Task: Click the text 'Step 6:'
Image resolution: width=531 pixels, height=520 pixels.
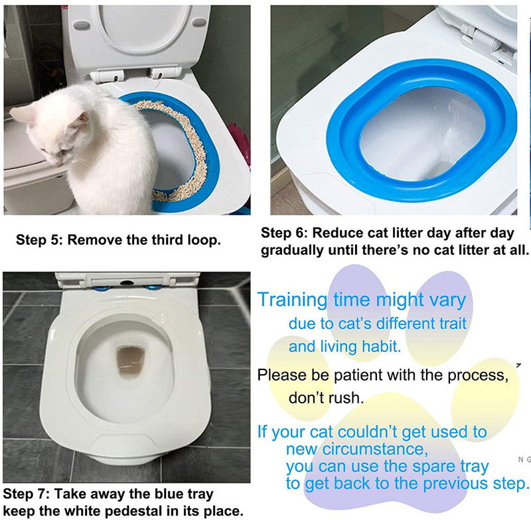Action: [284, 233]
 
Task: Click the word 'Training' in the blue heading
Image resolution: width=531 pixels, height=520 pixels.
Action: [292, 300]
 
